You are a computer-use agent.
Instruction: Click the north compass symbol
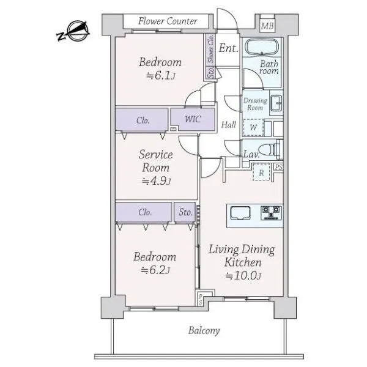point(73,31)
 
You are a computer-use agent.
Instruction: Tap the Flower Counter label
point(168,21)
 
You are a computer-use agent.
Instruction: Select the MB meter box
point(267,26)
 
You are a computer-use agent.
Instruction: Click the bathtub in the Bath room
point(262,47)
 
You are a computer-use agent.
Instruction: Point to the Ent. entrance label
point(228,48)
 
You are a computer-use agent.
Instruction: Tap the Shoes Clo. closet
point(210,49)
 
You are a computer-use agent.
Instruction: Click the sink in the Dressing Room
point(276,103)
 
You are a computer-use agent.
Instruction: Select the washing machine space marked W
point(253,128)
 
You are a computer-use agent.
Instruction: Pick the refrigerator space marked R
point(261,172)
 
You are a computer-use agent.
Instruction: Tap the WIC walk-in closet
point(193,119)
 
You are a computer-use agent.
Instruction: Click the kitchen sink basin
point(240,213)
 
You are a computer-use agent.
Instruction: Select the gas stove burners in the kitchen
point(271,213)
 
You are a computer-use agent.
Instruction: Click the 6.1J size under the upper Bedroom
point(161,76)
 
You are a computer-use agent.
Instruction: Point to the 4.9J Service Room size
point(157,181)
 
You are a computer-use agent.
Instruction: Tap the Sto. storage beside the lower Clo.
point(185,212)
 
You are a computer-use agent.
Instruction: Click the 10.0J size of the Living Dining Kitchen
point(243,275)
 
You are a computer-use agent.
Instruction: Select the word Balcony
point(204,331)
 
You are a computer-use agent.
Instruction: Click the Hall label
point(228,125)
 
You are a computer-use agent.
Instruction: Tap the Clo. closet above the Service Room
point(142,120)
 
